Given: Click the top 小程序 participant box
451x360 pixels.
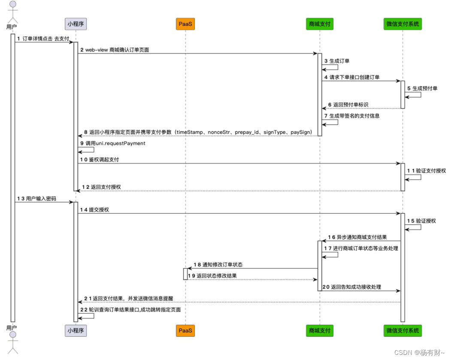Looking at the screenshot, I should click(76, 24).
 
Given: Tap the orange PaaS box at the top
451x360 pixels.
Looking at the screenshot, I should click(185, 24).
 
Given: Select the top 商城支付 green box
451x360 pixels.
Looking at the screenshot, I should click(320, 24).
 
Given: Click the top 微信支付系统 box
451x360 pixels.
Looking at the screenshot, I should click(403, 24).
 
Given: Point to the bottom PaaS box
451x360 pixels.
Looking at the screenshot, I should click(185, 330).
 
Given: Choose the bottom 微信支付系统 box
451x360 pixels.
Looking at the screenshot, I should click(403, 330).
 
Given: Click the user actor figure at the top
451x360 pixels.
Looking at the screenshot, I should click(12, 12).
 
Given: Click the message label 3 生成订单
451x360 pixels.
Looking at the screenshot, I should click(337, 61).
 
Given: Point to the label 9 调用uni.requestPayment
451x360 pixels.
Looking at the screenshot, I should click(113, 143).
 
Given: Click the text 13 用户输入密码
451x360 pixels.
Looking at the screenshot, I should click(36, 199).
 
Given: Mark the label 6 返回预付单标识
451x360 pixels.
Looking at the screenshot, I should click(348, 105).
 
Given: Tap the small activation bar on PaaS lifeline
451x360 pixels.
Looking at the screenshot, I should click(185, 274).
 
